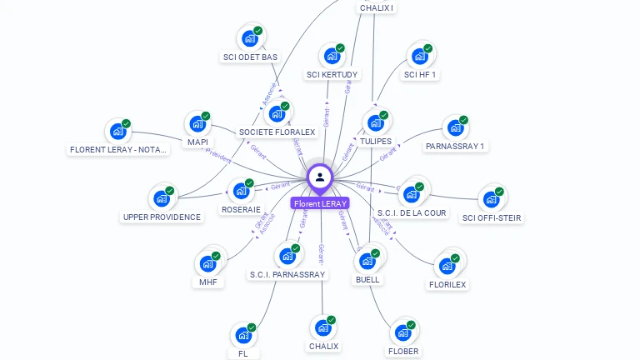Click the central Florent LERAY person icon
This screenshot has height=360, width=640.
tap(320, 177)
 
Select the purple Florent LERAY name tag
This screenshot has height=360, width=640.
tap(320, 203)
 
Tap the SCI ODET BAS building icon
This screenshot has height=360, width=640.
tap(249, 38)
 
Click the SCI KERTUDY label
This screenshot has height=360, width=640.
tap(332, 75)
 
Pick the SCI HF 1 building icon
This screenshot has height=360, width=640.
tap(419, 56)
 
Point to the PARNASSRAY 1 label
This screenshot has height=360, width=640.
tap(454, 147)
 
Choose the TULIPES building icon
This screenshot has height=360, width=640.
tap(376, 123)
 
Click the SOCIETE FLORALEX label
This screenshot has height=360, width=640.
tap(277, 132)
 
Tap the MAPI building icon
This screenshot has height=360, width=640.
tap(197, 124)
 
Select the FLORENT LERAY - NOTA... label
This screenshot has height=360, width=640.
tap(118, 150)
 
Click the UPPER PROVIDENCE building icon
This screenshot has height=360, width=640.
tap(161, 199)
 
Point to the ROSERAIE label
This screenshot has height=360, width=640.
tap(241, 209)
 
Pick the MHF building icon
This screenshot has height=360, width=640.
tap(207, 264)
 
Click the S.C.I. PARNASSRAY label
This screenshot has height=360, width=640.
tap(287, 274)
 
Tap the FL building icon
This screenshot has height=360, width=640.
tap(243, 335)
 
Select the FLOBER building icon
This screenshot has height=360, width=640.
tap(402, 332)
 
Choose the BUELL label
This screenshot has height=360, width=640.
tap(367, 279)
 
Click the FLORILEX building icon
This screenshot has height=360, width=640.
tap(447, 267)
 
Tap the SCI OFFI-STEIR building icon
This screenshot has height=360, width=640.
tap(492, 200)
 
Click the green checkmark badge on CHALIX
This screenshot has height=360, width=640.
tap(331, 320)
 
